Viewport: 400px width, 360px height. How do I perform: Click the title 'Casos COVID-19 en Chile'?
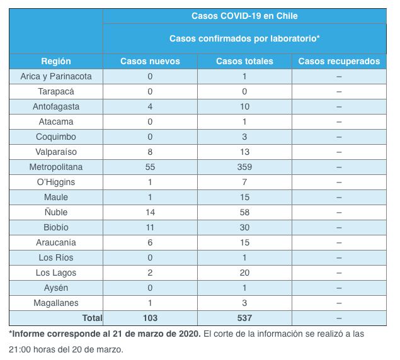pos(244,16)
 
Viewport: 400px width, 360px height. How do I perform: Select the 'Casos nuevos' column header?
pos(150,61)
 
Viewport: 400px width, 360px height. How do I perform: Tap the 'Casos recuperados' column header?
pos(339,61)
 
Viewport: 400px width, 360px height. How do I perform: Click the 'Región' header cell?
pos(56,61)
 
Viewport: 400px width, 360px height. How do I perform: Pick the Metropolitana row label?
pos(56,167)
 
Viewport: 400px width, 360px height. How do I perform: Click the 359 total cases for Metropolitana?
pos(244,167)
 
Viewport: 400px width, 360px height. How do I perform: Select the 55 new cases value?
pos(150,167)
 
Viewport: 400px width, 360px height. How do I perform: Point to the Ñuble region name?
pos(56,212)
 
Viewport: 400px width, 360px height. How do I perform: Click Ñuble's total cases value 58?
pos(244,212)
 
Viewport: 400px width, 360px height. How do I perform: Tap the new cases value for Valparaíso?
pos(150,152)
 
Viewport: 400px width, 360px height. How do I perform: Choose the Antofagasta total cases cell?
pos(244,106)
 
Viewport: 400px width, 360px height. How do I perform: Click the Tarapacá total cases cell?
pos(244,91)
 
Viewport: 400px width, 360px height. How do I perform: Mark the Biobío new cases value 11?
pos(150,227)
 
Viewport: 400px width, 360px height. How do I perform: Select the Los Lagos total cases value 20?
pos(244,273)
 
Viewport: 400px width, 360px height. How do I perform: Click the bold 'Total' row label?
pos(92,318)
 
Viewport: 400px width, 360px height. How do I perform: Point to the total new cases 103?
pos(150,318)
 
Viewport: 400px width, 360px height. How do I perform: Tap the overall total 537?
pos(244,318)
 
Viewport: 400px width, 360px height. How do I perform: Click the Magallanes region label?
pos(56,303)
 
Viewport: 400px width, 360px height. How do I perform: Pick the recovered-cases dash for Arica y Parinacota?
pos(339,77)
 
